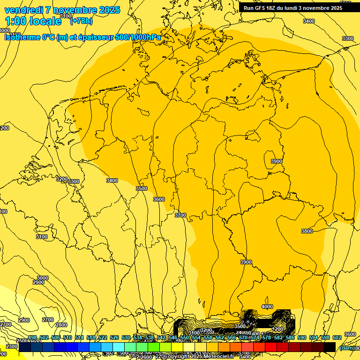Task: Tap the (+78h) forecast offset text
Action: (81, 21)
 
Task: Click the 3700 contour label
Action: (180, 215)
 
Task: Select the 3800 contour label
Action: (307, 231)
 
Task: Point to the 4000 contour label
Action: (267, 307)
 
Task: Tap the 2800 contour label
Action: (61, 325)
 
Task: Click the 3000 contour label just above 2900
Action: (42, 278)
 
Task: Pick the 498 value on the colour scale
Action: (32, 337)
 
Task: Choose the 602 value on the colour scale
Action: (337, 337)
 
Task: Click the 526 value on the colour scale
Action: (114, 337)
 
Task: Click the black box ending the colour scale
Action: (330, 347)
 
